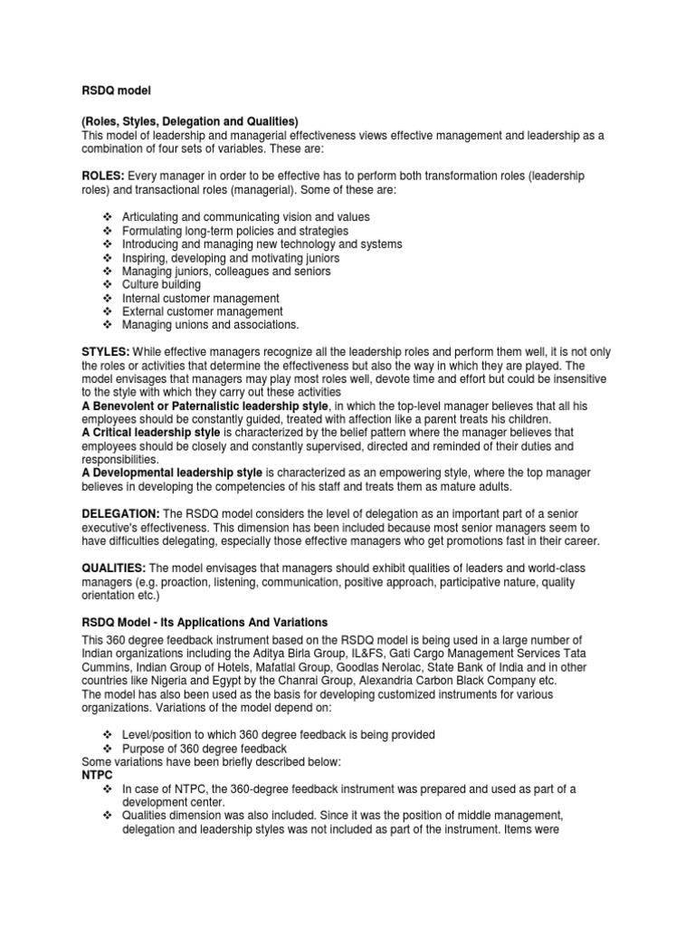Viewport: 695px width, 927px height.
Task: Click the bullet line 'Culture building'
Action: pos(161,284)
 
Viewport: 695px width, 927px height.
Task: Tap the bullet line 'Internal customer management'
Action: pos(200,298)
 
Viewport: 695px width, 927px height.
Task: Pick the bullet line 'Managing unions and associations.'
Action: pos(210,325)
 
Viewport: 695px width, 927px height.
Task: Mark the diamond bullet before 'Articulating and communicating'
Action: pos(107,217)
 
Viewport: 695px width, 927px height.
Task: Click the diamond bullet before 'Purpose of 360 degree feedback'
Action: pos(107,749)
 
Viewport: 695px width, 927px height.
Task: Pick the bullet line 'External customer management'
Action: pos(202,311)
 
